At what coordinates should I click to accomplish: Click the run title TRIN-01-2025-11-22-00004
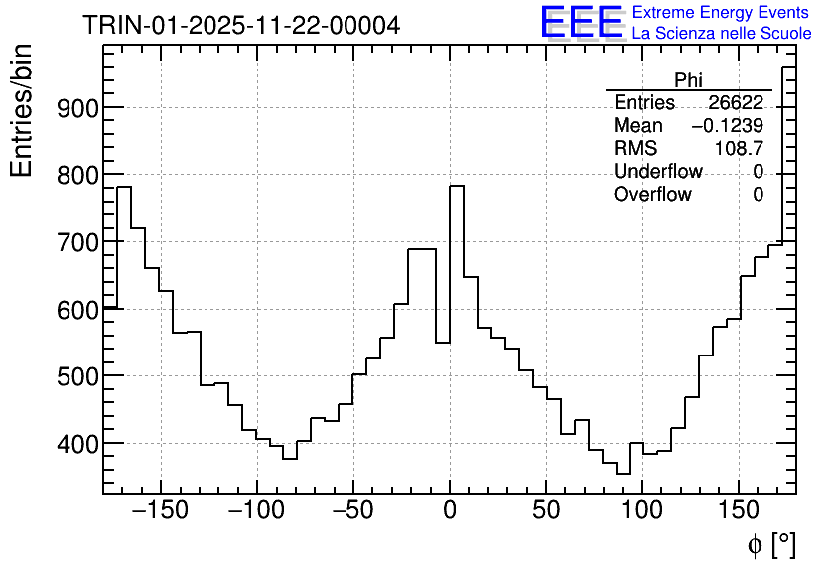(x=241, y=25)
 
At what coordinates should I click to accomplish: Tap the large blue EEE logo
(x=581, y=23)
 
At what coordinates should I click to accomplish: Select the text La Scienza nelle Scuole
(x=722, y=34)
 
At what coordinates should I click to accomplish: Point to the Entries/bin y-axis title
(x=21, y=110)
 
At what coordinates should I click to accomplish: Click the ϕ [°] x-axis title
(x=770, y=544)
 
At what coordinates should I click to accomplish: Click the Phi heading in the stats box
(x=688, y=80)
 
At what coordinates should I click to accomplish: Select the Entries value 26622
(x=736, y=103)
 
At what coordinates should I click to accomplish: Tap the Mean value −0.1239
(x=727, y=126)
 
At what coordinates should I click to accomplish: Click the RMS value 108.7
(x=739, y=149)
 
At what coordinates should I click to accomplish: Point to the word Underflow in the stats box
(x=658, y=172)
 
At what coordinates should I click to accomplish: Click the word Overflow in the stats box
(x=652, y=195)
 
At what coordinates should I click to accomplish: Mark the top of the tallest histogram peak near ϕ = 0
(x=457, y=186)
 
